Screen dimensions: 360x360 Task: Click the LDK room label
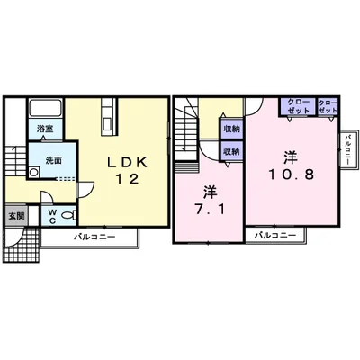pos(128,162)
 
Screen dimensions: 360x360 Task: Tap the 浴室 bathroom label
pos(45,129)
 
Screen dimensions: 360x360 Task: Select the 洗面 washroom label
pos(53,160)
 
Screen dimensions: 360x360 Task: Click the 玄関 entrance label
pos(16,216)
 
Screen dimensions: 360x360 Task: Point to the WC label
pos(52,217)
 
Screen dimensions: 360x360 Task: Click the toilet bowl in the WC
pos(68,215)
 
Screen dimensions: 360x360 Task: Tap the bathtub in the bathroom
pos(46,108)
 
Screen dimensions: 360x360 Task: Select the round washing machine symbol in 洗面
pos(34,173)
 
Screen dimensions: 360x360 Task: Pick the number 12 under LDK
pos(128,179)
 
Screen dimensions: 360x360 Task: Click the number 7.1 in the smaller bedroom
pos(211,210)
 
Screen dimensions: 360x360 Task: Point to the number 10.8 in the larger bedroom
pos(291,175)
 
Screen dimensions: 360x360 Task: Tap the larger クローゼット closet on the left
pos(298,106)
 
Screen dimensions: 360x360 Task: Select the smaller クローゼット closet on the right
pos(328,106)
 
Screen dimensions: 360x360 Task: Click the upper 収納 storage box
pos(231,130)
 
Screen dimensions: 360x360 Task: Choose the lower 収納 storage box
pos(231,152)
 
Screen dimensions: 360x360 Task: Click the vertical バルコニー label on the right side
pos(348,149)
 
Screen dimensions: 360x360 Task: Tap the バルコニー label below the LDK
pos(94,238)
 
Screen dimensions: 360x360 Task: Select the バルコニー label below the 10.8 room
pos(275,235)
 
